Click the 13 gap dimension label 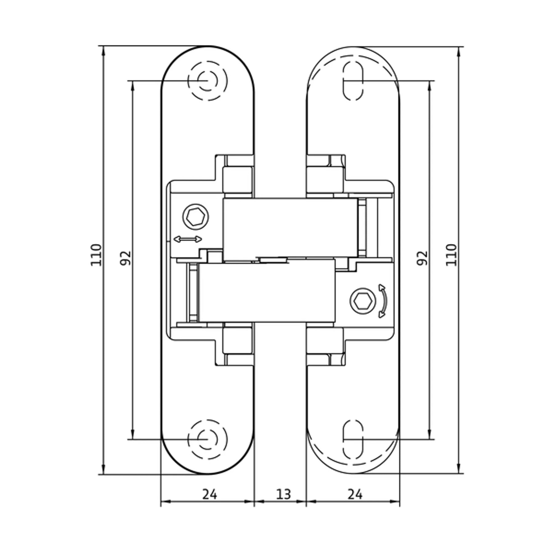click(x=283, y=494)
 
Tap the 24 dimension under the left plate click(x=210, y=494)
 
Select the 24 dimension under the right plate click(x=355, y=494)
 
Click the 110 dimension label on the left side click(x=96, y=255)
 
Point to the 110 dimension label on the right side click(x=451, y=255)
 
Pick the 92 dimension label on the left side click(x=125, y=258)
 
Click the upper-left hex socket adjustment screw click(x=195, y=217)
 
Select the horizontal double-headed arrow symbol click(x=188, y=239)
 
